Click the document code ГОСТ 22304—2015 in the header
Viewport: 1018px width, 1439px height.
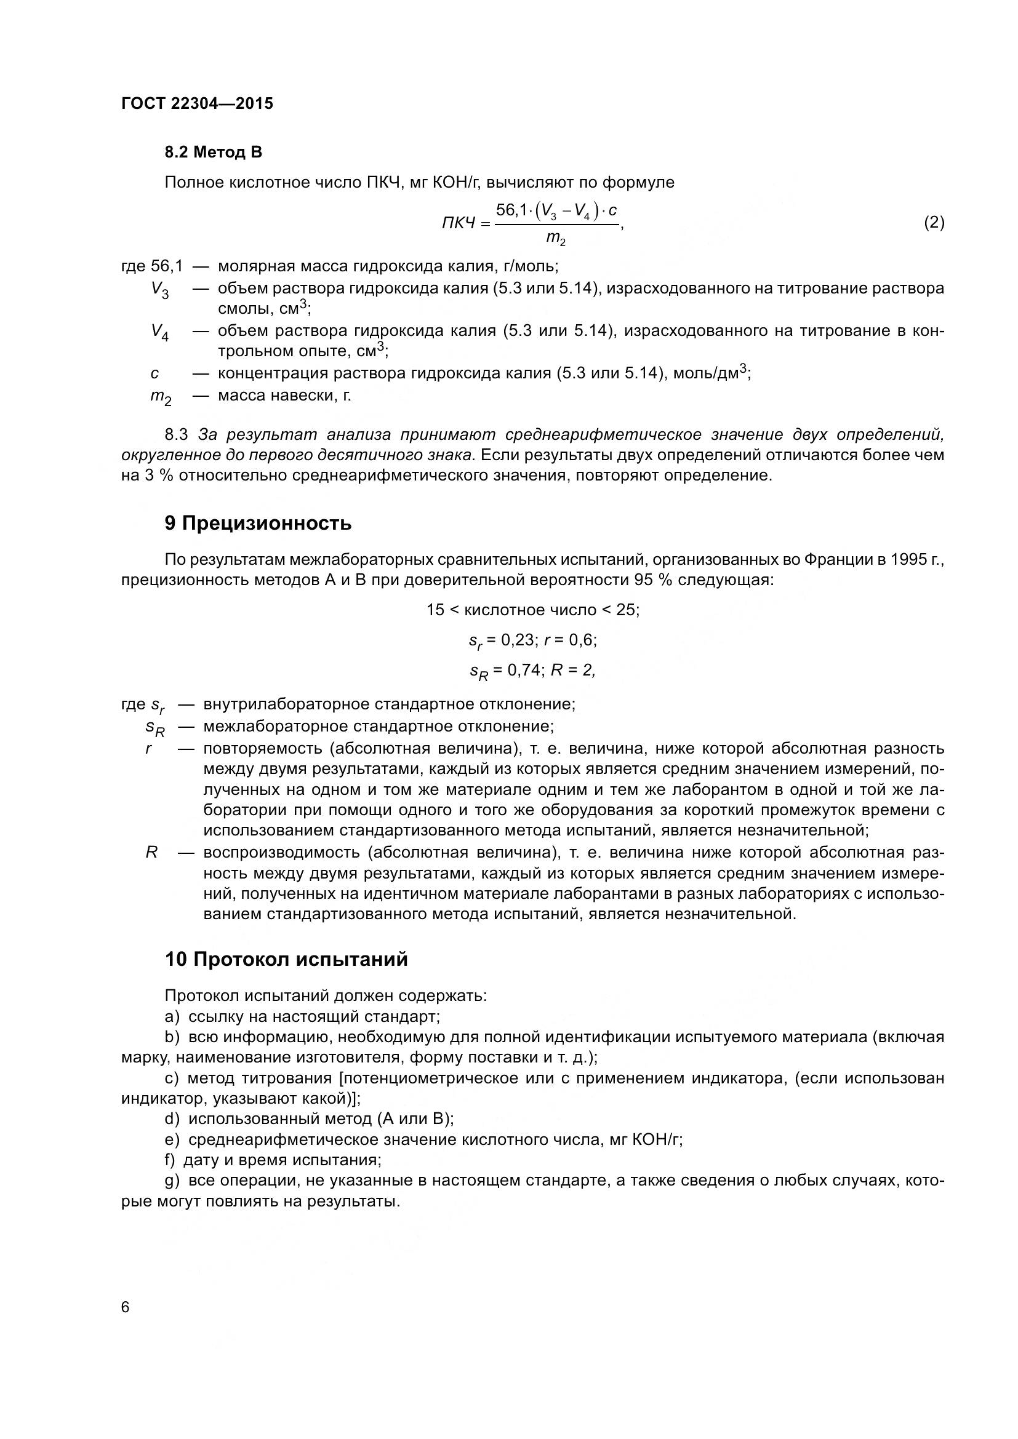(197, 103)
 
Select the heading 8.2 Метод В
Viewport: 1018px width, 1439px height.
(213, 152)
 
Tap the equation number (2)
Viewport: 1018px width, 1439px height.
(934, 222)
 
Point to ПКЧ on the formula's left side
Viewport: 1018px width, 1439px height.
(459, 223)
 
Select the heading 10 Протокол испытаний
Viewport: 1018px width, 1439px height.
(286, 959)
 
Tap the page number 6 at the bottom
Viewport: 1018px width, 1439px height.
(126, 1307)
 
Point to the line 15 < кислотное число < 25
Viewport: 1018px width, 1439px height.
(533, 610)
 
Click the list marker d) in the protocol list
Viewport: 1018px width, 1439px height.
(172, 1118)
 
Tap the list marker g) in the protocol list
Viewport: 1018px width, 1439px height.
(172, 1181)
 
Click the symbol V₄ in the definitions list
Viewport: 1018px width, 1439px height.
(159, 332)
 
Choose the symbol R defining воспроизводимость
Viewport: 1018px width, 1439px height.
(151, 852)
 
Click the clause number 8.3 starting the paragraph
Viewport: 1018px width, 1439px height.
(176, 434)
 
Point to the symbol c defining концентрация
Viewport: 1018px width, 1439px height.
(155, 374)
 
